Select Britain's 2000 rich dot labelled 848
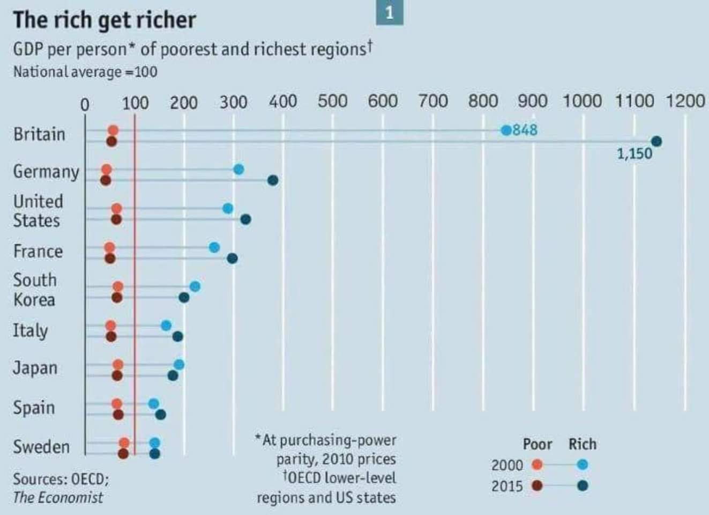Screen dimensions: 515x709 [506, 130]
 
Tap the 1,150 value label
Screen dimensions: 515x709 [635, 154]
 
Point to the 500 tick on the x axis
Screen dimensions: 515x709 [332, 101]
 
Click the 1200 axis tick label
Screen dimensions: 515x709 [685, 101]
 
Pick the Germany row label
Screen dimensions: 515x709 [46, 172]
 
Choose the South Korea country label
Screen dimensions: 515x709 [35, 290]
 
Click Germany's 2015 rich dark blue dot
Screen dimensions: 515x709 [273, 180]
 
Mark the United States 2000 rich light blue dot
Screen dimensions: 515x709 [228, 209]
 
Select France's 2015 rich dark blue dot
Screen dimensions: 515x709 [232, 259]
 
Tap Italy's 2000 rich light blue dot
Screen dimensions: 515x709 [166, 326]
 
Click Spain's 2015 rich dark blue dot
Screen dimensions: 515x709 [160, 414]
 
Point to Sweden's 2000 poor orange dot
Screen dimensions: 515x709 [124, 443]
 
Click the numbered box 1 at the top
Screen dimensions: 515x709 [390, 12]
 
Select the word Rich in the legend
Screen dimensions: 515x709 [582, 444]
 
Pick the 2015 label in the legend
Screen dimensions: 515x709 [507, 486]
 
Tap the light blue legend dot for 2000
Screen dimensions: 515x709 [583, 465]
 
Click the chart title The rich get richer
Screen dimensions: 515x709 [105, 20]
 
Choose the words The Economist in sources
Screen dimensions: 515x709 [58, 497]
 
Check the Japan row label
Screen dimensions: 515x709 [35, 368]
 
